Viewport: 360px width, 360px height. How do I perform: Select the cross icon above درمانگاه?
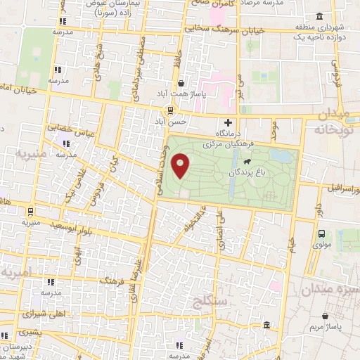pyautogui.click(x=227, y=122)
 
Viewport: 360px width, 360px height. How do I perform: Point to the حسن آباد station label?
pyautogui.click(x=171, y=121)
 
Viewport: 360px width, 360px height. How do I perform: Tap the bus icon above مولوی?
pyautogui.click(x=321, y=234)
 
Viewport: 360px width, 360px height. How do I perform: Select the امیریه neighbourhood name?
pyautogui.click(x=15, y=271)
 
